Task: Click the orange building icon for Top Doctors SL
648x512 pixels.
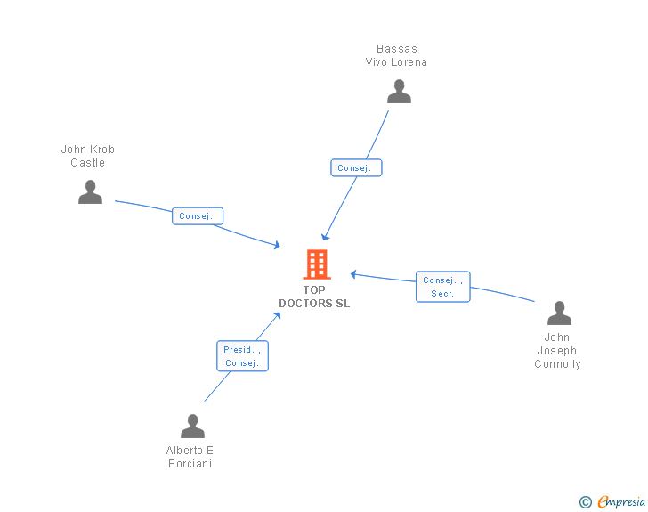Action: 316,264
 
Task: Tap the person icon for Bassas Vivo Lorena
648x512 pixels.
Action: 399,92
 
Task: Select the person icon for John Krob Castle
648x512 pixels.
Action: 90,192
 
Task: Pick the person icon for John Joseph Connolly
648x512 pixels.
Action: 559,313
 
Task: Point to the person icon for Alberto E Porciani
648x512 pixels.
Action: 192,427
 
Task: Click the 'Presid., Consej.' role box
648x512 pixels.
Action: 242,356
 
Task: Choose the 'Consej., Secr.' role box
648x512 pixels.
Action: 442,287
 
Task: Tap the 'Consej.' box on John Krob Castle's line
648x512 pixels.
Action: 197,216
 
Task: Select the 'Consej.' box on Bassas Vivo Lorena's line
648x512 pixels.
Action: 356,168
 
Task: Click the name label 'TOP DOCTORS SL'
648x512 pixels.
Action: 314,297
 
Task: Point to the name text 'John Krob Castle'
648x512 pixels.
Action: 88,156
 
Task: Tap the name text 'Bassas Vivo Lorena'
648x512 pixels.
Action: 396,55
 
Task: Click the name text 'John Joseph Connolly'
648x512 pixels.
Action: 557,351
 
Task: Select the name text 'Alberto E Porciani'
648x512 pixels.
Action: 190,457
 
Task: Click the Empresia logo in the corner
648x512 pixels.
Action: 620,502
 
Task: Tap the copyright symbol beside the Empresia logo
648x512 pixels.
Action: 585,502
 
